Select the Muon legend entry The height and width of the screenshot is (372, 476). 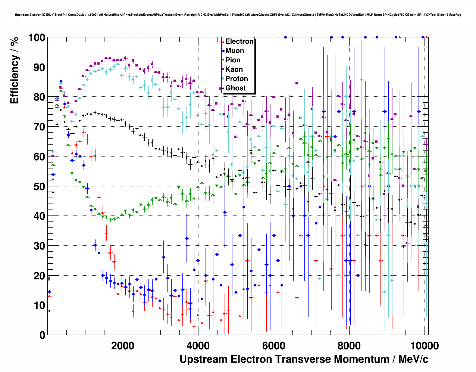(x=235, y=51)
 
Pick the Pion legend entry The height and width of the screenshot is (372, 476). (x=233, y=60)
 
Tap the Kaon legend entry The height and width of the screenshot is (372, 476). (x=234, y=69)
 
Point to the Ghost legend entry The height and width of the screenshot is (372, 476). (x=235, y=88)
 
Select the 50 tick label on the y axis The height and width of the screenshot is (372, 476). (x=40, y=186)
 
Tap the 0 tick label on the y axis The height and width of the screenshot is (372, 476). (x=42, y=335)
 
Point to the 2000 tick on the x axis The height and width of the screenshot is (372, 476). (x=123, y=345)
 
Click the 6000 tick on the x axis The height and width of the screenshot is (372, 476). (x=273, y=345)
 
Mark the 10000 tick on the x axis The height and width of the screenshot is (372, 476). (x=424, y=345)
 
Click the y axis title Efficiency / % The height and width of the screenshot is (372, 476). (x=15, y=70)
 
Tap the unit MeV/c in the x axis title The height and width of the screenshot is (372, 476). (x=413, y=359)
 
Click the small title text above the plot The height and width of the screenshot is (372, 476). (x=238, y=15)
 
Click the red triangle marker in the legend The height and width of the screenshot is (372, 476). (x=223, y=41)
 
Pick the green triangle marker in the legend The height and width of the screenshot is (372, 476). (x=223, y=60)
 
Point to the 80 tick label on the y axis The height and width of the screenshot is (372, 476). (x=40, y=97)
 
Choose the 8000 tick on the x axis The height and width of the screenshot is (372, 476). (x=349, y=345)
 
